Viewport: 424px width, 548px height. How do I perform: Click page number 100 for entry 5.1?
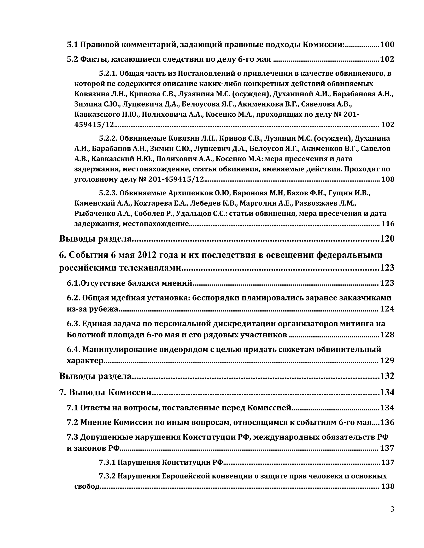[x=387, y=45]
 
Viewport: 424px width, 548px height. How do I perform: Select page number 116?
[x=388, y=224]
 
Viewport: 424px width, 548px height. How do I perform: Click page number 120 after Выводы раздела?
[x=387, y=238]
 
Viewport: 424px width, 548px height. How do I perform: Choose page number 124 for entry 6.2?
[x=387, y=309]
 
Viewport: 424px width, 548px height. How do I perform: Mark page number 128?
[x=387, y=335]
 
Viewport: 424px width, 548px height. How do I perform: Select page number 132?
[x=387, y=376]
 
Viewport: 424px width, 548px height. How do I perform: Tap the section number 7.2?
[x=73, y=422]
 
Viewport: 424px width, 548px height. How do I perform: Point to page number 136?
[x=387, y=422]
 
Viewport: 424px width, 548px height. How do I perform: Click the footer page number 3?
[x=392, y=510]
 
